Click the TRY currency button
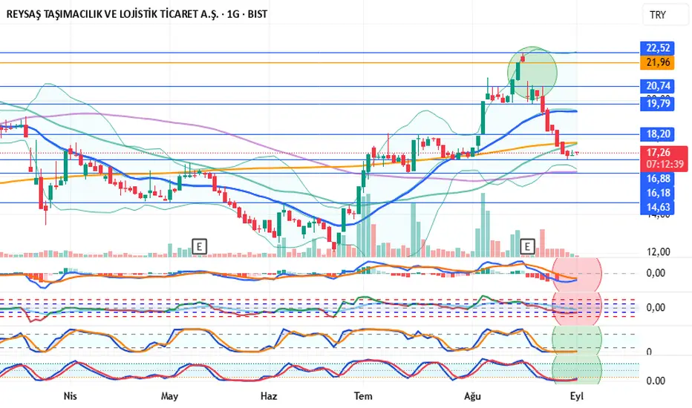[x=658, y=15]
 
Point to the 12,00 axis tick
[x=658, y=251]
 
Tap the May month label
[x=170, y=396]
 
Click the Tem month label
[x=362, y=396]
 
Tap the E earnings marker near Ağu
[x=528, y=245]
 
